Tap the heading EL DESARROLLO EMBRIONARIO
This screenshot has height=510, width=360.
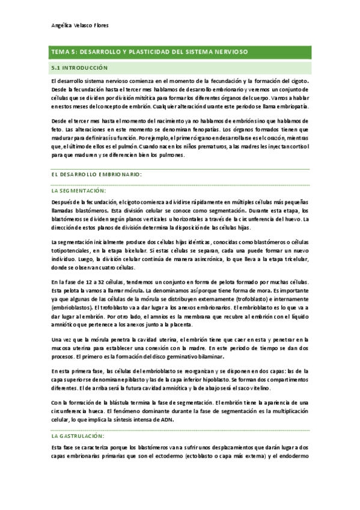click(97, 174)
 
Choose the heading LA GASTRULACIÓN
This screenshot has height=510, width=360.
click(78, 435)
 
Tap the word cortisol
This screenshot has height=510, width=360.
click(295, 146)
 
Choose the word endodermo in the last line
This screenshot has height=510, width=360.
click(293, 456)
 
